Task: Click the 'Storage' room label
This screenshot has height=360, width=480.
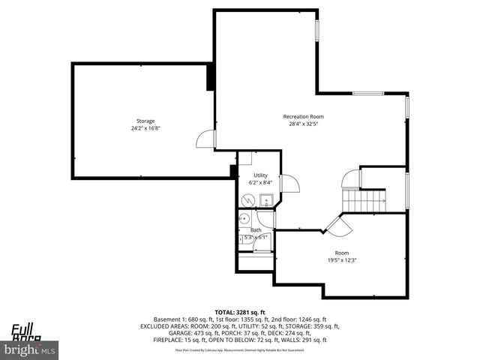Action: (145, 121)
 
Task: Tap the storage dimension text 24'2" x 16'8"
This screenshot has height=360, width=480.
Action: (145, 128)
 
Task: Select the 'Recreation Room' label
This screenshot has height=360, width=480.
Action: (303, 116)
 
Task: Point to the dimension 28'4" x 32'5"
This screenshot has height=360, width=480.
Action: (303, 124)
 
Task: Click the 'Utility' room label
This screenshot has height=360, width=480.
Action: (259, 175)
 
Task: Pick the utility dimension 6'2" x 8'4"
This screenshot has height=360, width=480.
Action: (259, 182)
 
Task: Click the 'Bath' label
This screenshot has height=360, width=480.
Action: (256, 230)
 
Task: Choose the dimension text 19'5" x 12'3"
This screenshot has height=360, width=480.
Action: (342, 260)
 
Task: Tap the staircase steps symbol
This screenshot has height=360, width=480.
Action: (364, 200)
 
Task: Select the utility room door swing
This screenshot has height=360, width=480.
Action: (291, 184)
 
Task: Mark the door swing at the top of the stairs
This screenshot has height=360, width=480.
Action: (350, 179)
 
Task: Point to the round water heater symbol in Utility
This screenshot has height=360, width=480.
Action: (248, 200)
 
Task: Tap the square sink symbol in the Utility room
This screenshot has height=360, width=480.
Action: (265, 201)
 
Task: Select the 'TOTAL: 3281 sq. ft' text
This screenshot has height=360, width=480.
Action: (240, 312)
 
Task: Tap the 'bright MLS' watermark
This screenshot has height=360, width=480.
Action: (30, 350)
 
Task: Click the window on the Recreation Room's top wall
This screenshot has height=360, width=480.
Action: (368, 94)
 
